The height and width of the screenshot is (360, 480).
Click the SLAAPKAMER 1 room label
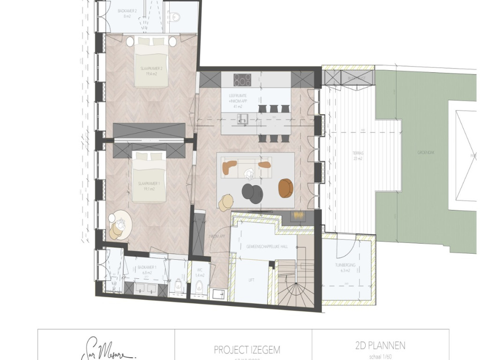[146, 186]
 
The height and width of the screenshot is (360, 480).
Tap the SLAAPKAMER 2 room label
[150, 70]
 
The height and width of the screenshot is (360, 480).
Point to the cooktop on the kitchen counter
[242, 80]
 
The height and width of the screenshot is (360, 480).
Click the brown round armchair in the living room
[285, 188]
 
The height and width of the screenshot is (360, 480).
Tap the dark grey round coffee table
[253, 193]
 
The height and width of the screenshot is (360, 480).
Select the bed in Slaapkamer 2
[150, 62]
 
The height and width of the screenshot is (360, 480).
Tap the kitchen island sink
[243, 118]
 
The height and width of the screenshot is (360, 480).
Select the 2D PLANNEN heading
[380, 346]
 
